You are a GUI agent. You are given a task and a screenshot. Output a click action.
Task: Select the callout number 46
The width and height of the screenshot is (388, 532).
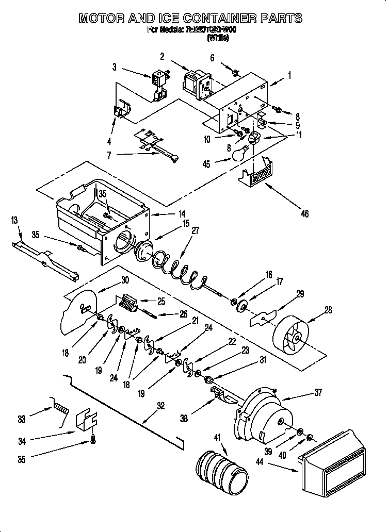click(304, 213)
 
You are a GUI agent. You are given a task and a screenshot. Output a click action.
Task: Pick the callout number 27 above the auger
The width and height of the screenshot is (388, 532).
click(195, 231)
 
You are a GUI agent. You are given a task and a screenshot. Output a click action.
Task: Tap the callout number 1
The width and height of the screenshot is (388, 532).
click(289, 75)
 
